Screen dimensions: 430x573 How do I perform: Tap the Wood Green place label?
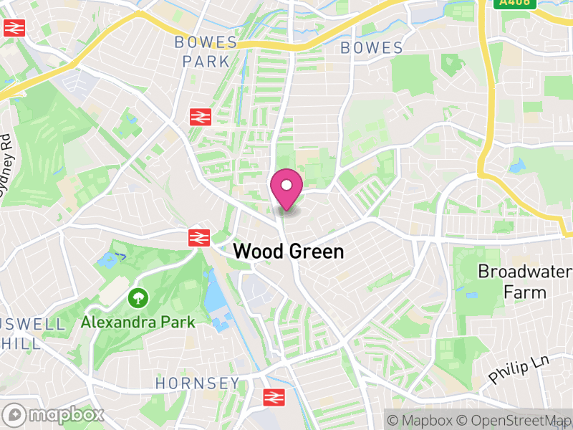point(289,252)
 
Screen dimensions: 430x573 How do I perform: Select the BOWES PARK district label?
point(206,52)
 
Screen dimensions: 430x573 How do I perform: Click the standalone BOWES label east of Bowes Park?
point(372,48)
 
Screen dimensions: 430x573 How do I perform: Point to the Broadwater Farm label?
point(524,282)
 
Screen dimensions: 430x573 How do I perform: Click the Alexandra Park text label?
point(138,322)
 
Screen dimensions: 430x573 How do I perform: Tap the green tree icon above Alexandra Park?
point(137,297)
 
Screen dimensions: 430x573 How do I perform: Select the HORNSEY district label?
point(198,383)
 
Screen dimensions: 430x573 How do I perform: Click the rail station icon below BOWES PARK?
point(199,116)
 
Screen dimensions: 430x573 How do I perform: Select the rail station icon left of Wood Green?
point(198,238)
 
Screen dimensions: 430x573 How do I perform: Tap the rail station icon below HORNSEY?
point(271,397)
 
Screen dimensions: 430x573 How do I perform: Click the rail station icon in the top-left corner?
point(14,28)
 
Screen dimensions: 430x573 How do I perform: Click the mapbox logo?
point(56,414)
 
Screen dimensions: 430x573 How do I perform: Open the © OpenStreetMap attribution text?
point(514,420)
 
